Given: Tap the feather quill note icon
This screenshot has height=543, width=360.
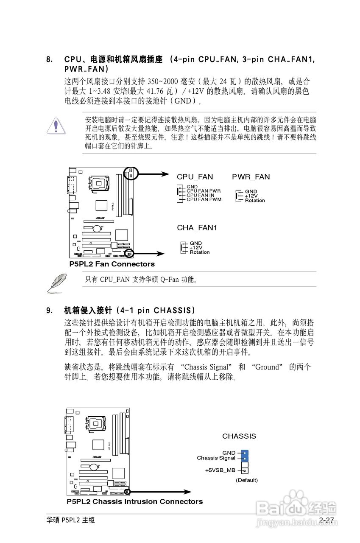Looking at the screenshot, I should tap(56, 283).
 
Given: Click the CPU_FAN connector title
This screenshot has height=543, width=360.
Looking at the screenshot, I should tap(195, 177).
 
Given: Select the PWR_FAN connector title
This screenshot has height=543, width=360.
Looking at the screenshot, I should tap(251, 177).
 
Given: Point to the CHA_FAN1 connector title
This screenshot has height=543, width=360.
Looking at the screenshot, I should tap(197, 228).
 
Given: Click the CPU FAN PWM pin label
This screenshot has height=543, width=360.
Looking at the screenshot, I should tap(204, 199).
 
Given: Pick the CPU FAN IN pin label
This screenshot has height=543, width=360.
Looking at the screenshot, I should tap(201, 195).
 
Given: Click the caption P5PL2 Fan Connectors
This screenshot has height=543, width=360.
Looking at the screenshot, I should tap(112, 264).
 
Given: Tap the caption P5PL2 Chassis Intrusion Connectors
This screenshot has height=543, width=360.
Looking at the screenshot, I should tap(134, 502).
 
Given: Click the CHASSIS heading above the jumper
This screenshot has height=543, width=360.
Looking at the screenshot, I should tap(239, 436).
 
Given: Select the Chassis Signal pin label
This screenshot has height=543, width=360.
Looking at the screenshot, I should tap(216, 458).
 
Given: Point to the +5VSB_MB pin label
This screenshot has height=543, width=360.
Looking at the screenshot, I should tap(220, 470).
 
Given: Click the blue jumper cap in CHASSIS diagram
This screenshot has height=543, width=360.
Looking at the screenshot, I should tap(245, 456).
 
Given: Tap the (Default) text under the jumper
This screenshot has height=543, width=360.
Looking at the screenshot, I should tap(246, 480).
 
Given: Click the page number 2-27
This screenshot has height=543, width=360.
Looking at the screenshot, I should tap(327, 520).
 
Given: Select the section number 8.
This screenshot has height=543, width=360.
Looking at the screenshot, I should tap(49, 59).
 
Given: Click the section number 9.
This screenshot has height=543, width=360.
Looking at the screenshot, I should tap(49, 310).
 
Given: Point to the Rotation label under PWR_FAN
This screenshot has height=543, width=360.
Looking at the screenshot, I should tap(255, 200).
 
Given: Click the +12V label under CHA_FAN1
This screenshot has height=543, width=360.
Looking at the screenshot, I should tap(196, 248).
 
